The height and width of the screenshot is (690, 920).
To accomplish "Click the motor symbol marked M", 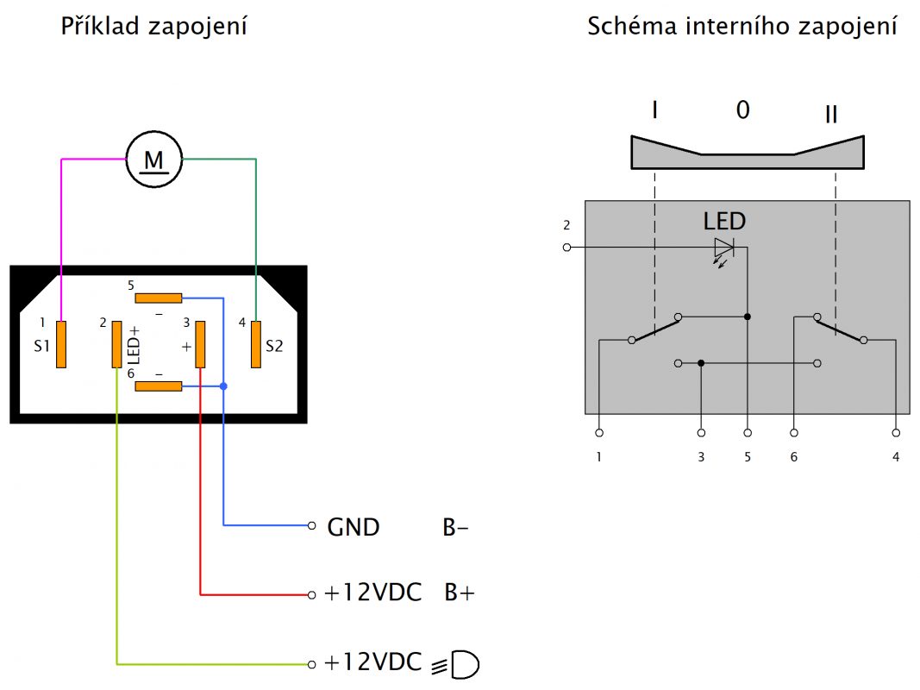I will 154,160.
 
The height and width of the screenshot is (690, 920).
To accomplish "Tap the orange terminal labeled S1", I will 61,344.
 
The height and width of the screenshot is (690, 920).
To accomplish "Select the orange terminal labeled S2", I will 255,344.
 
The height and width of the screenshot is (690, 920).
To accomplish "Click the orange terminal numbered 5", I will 160,298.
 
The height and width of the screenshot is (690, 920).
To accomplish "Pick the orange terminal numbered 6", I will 160,386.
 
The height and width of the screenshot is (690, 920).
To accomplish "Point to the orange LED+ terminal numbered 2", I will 116,344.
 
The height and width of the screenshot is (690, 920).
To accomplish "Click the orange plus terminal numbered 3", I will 200,344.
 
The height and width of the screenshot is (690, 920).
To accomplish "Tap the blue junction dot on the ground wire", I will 224,386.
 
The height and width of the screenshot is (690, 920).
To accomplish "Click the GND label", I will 354,527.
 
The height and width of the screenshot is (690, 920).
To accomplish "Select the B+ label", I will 460,594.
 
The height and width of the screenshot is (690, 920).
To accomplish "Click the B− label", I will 456,527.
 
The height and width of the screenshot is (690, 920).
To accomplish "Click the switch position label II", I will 831,113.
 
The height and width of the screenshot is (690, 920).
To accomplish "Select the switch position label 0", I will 742,110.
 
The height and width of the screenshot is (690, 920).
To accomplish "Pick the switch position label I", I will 655,110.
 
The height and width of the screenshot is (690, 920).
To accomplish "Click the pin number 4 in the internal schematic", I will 896,456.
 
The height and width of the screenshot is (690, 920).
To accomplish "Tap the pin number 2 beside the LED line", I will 566,226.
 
